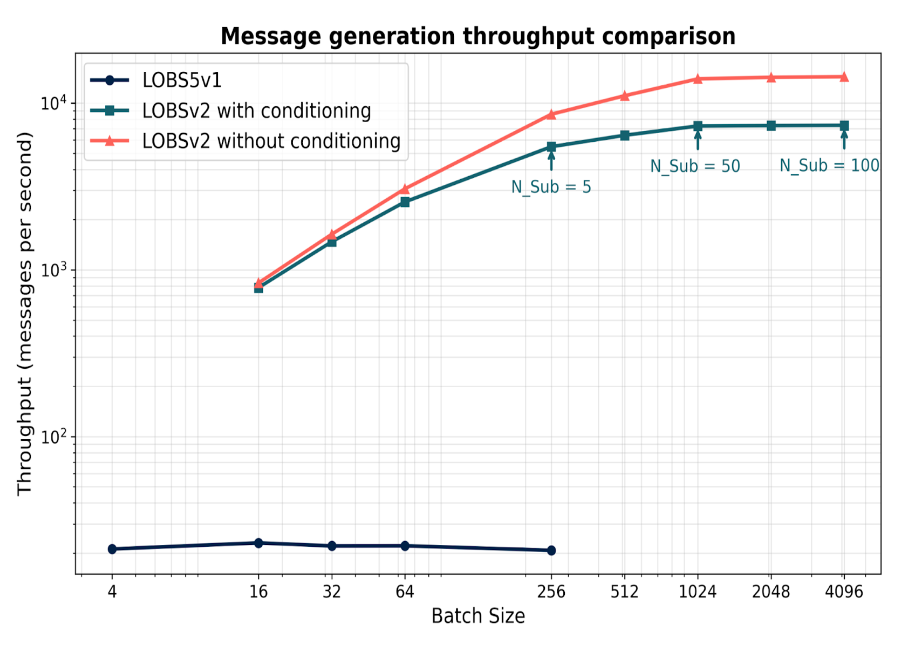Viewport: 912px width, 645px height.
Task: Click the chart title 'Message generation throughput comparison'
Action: click(478, 36)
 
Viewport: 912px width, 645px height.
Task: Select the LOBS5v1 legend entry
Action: click(182, 80)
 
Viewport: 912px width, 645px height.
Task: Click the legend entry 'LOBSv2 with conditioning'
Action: click(256, 111)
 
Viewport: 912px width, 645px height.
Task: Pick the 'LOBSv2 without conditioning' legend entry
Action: click(271, 141)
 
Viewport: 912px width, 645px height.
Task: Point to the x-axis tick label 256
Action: click(551, 592)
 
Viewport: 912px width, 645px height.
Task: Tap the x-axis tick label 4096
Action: click(844, 592)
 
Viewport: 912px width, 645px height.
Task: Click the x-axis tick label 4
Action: click(112, 592)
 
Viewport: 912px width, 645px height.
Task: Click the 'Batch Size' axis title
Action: click(478, 616)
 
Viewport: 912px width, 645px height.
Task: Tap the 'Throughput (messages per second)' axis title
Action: click(25, 313)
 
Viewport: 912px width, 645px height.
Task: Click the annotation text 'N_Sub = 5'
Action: click(551, 187)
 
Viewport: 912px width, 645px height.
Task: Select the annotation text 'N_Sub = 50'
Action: click(695, 166)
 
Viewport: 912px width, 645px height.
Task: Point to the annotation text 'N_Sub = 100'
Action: click(829, 165)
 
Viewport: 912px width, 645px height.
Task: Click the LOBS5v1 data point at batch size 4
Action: click(112, 549)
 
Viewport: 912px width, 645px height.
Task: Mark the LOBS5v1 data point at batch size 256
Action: click(551, 551)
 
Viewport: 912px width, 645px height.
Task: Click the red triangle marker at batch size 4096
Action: click(844, 78)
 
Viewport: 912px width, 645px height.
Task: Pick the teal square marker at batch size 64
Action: click(405, 202)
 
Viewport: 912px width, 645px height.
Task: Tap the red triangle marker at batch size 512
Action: click(624, 96)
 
